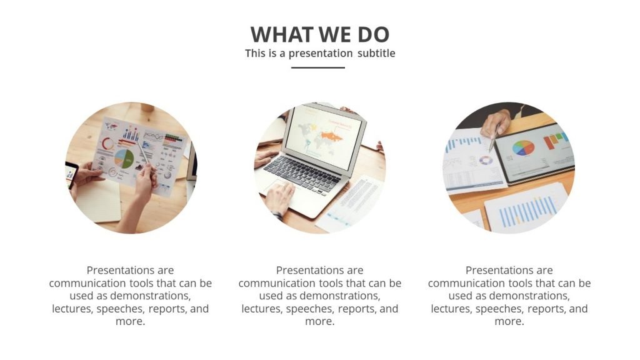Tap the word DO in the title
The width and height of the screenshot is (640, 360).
pos(374,35)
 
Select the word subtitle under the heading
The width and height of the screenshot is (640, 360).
pos(376,53)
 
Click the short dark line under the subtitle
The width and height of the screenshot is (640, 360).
pos(318,67)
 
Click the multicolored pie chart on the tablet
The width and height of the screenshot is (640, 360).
pos(523,148)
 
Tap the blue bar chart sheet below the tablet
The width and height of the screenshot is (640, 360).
pos(528,210)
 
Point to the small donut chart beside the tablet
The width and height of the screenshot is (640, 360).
pos(486,161)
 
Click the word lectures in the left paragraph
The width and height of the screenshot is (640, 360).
pos(72,309)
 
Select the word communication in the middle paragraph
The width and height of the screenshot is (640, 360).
pos(272,283)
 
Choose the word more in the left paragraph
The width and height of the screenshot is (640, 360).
pos(129,321)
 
